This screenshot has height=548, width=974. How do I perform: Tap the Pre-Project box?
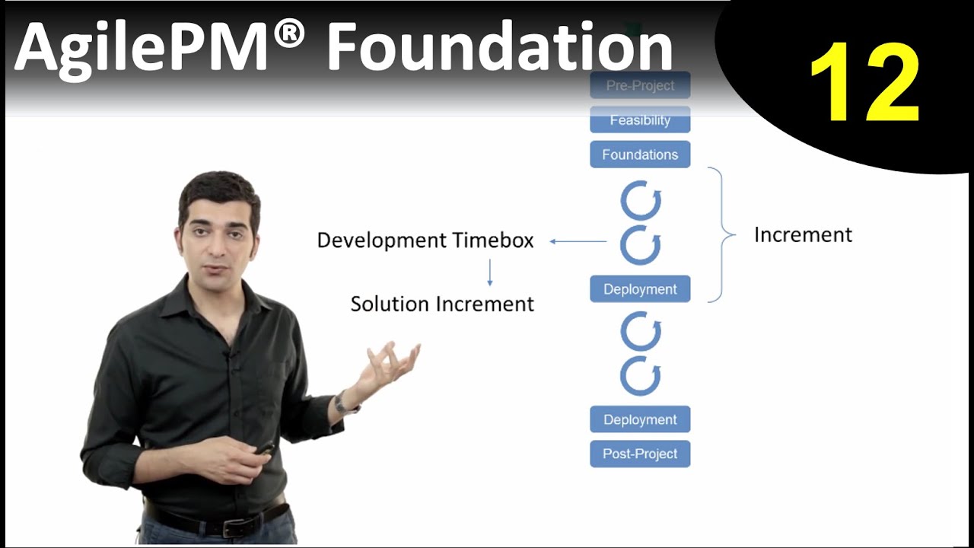coord(640,85)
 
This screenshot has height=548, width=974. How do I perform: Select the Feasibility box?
coord(640,119)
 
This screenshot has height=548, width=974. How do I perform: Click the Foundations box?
coord(640,155)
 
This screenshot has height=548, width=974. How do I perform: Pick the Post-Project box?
coord(640,454)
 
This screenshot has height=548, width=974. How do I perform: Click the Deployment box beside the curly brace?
coord(640,289)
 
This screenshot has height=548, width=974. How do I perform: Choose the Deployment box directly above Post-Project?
coord(640,419)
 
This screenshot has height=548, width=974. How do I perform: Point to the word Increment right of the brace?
coord(803,235)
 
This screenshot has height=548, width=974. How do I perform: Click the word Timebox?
coord(493,241)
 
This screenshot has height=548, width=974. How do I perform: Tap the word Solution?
coord(390,304)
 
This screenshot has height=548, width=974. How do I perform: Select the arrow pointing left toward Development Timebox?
coord(578,242)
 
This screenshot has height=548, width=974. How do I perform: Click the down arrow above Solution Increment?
coord(489,272)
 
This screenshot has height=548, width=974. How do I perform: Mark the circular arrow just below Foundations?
coord(641,202)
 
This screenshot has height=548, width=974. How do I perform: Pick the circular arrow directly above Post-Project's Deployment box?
coord(641,377)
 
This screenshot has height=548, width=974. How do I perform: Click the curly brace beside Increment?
coord(723,235)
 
